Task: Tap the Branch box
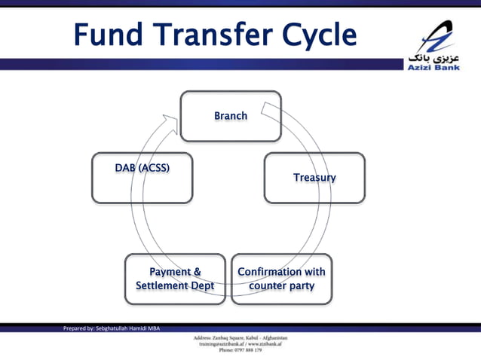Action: [231, 116]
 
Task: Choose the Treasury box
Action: [314, 178]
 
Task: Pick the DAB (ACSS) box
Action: [142, 178]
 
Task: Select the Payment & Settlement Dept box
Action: [175, 279]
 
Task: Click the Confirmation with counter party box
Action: [281, 279]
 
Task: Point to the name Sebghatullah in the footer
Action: [116, 328]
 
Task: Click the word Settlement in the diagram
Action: [163, 286]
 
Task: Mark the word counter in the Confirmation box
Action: [265, 286]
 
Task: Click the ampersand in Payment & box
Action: [197, 272]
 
